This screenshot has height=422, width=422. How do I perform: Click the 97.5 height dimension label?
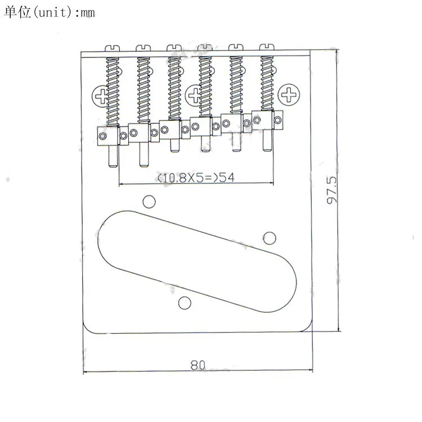click(331, 190)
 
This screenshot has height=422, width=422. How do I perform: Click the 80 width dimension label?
click(198, 365)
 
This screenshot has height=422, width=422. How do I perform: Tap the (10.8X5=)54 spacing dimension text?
click(196, 178)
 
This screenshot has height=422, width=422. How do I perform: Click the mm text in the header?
click(87, 13)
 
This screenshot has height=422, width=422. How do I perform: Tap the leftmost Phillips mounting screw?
click(100, 96)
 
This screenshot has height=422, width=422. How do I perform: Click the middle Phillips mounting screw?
click(192, 95)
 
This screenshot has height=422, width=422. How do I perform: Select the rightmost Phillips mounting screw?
click(289, 95)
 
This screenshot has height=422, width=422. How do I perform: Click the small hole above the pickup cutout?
click(149, 201)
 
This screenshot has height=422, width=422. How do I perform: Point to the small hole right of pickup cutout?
click(270, 238)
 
